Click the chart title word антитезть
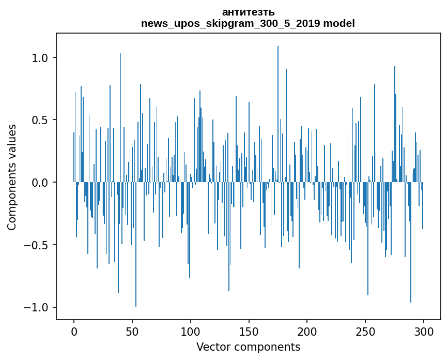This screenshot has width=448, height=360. click(x=248, y=12)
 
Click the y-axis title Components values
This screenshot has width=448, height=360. click(x=12, y=177)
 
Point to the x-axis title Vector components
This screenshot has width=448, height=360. click(x=248, y=347)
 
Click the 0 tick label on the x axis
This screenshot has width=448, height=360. click(x=74, y=331)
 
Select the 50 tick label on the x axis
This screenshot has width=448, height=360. click(x=132, y=331)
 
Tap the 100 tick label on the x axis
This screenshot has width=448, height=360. click(x=190, y=331)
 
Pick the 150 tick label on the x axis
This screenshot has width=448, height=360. click(x=249, y=331)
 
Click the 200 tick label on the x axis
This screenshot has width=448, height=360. click(x=307, y=331)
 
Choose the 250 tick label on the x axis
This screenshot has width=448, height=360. click(x=365, y=331)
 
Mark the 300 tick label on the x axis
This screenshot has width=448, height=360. click(x=423, y=331)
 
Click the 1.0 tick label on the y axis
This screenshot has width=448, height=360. click(x=40, y=58)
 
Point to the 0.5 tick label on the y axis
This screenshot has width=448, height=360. click(x=40, y=120)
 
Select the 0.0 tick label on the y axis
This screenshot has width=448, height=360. click(x=40, y=183)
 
